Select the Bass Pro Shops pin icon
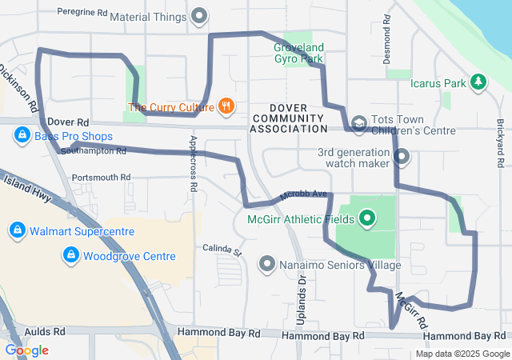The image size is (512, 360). [x=21, y=136]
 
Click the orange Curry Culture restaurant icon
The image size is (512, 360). [x=226, y=106]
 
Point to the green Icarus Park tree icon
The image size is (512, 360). [x=478, y=82]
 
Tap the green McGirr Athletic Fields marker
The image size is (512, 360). [x=367, y=217]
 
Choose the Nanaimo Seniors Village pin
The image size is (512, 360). [x=267, y=263]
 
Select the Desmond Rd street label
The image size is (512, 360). [x=387, y=39]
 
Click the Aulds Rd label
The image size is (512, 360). [x=44, y=330]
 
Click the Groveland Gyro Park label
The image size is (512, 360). [x=297, y=52]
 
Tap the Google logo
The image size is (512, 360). [x=26, y=350]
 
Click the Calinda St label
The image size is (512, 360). [x=222, y=250]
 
